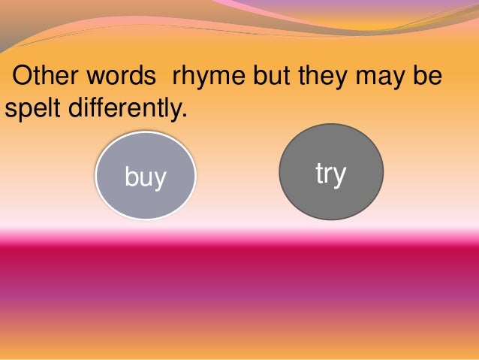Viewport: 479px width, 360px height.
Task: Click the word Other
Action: coord(45,77)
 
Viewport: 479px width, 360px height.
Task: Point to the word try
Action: coord(330,174)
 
